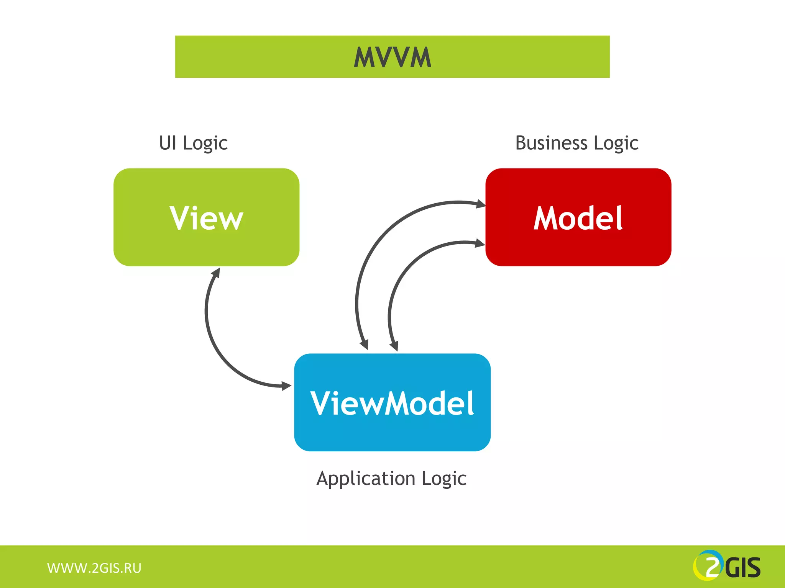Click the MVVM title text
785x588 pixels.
[392, 57]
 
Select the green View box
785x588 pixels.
[206, 217]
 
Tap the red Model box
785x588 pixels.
[578, 217]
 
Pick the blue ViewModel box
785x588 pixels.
[392, 402]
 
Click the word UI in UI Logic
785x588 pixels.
[168, 143]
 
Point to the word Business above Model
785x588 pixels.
[551, 143]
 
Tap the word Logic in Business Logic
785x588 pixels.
[616, 144]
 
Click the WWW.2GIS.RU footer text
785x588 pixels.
[94, 568]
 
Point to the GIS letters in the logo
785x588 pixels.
[743, 568]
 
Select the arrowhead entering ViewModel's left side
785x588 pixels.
[286, 386]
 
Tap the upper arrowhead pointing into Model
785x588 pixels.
[481, 204]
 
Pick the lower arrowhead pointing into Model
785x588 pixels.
[480, 243]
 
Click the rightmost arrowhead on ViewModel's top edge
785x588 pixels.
[394, 346]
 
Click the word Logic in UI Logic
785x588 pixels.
[205, 144]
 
